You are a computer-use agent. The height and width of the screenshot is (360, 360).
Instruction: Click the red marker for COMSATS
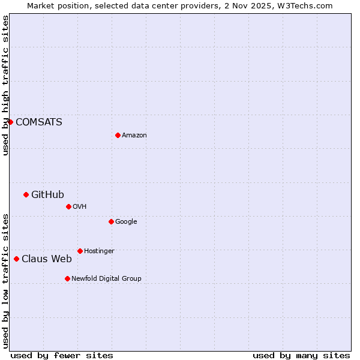(10, 122)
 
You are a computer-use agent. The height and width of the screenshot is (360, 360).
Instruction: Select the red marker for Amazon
(118, 135)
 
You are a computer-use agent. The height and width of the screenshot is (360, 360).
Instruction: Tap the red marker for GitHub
(26, 194)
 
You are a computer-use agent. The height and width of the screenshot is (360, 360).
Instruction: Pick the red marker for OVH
(68, 206)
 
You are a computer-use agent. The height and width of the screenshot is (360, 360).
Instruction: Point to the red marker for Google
(111, 221)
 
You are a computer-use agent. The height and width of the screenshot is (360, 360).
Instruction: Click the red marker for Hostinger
(80, 251)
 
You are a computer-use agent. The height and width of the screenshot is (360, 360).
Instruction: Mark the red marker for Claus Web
(16, 259)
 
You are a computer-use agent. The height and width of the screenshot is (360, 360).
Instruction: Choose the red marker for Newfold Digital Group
(67, 278)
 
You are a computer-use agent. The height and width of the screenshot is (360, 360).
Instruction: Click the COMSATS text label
(38, 122)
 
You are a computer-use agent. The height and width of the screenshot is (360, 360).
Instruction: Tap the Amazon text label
(134, 136)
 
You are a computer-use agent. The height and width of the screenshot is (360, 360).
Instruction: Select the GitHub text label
(47, 194)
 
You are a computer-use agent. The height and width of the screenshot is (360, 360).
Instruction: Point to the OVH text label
(80, 207)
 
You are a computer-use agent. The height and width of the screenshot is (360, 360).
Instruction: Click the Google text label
(126, 222)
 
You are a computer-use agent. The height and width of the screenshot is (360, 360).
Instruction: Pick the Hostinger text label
(99, 251)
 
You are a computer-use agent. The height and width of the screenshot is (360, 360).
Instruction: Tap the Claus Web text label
(46, 259)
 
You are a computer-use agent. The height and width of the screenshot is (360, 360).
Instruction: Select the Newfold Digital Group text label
(106, 279)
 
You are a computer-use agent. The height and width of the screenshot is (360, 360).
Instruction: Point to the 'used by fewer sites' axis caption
(62, 355)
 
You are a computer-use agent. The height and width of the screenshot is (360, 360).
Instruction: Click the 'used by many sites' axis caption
(301, 355)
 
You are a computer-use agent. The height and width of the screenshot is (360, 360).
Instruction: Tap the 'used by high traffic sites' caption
(6, 85)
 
